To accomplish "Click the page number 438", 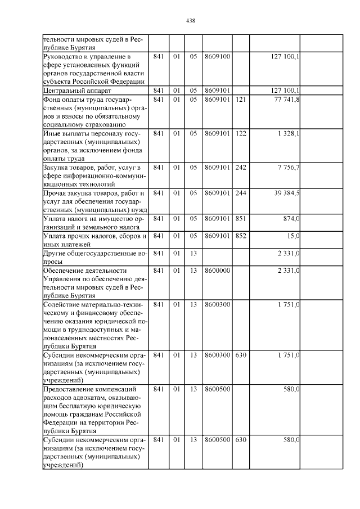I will pos(190,21).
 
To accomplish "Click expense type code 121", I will pos(241,100).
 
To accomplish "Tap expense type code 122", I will pos(241,133).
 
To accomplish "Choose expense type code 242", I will pos(241,167).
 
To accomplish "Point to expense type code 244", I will pos(241,193).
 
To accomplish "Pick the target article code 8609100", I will pos(217,57).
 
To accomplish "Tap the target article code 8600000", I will pos(217,271).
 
